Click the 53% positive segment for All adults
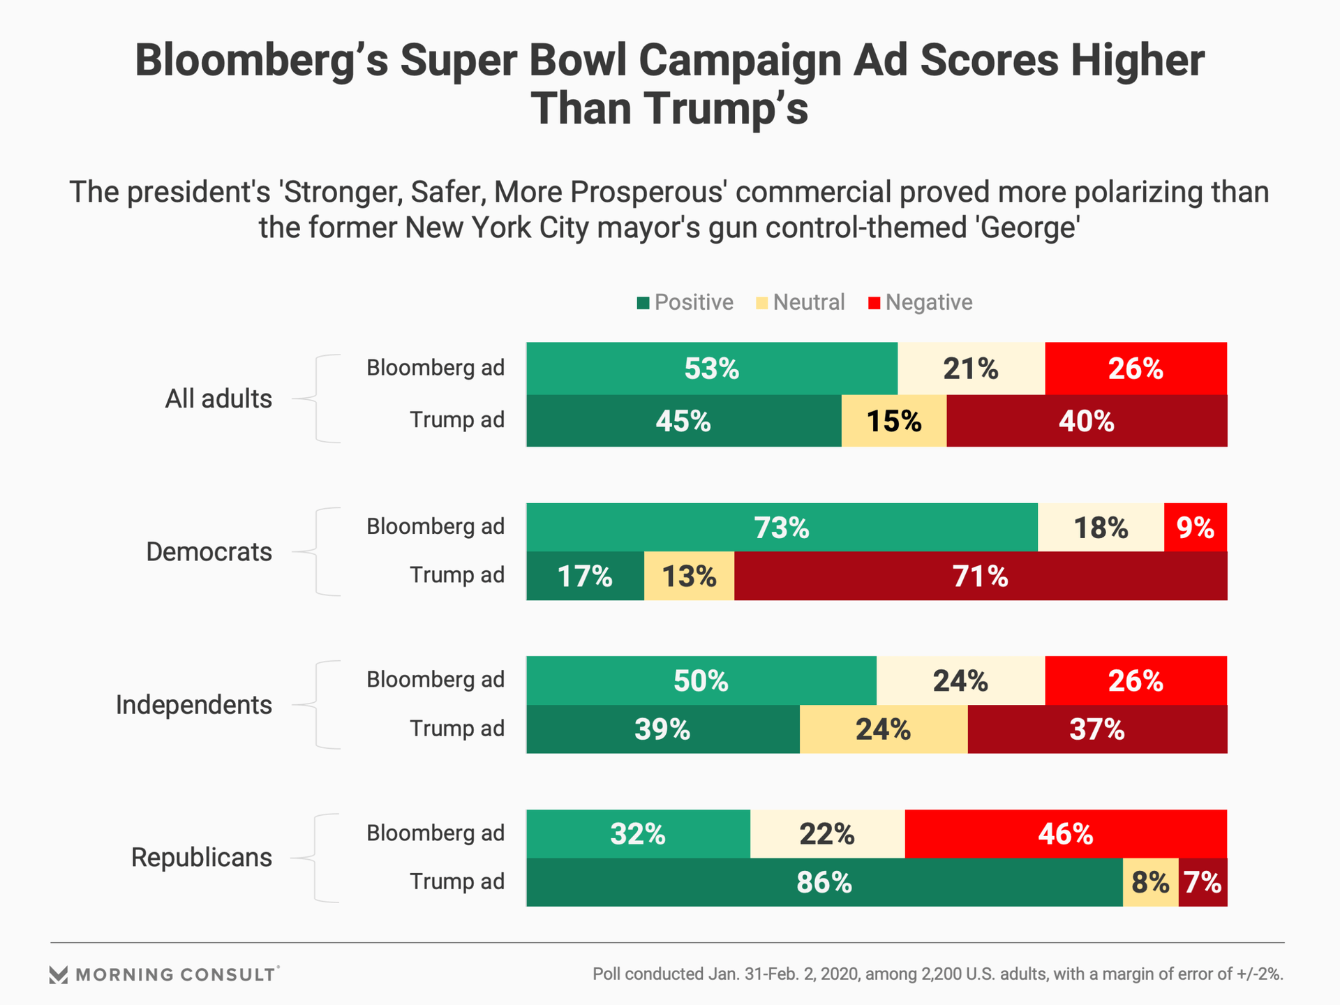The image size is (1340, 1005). tap(711, 368)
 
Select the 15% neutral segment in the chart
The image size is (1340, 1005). tap(894, 421)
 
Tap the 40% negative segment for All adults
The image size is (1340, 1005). tap(1086, 421)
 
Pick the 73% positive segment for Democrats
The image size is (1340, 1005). tap(782, 528)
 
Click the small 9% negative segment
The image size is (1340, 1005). tap(1195, 528)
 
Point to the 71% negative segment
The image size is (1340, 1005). tap(980, 576)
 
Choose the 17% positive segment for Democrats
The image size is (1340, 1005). tap(585, 576)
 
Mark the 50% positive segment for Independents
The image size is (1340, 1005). tap(701, 680)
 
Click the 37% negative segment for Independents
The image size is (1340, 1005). tap(1096, 729)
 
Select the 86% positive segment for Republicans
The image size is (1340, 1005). tap(824, 883)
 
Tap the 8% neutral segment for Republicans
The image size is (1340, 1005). tap(1150, 883)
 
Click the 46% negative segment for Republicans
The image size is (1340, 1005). tap(1065, 834)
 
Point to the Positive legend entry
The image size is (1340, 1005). tap(685, 302)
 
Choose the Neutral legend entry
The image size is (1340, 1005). tap(801, 302)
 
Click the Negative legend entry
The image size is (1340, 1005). tap(921, 302)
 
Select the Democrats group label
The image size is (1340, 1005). tap(209, 552)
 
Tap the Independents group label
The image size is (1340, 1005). tap(194, 705)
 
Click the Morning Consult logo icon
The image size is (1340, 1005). tap(59, 975)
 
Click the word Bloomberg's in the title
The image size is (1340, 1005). tap(261, 61)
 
